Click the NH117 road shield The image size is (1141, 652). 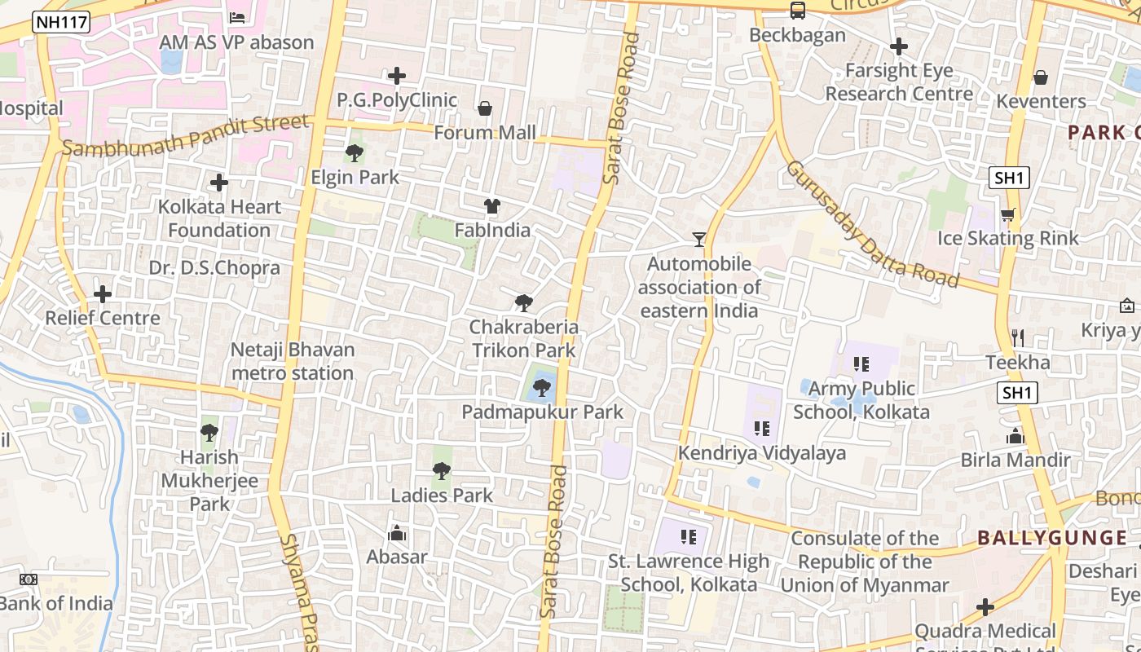click(x=61, y=22)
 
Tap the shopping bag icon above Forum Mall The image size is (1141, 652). click(x=485, y=108)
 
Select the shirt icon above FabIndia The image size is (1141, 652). click(x=491, y=206)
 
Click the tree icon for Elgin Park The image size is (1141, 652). click(x=355, y=152)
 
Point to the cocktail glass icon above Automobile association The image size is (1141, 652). click(x=698, y=239)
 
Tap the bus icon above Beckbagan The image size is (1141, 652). click(x=797, y=11)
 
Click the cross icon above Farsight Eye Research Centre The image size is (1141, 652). click(x=899, y=46)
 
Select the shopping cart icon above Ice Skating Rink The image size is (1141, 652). click(x=1007, y=214)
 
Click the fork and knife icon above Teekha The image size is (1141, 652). click(x=1017, y=337)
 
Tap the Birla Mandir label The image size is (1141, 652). click(x=1015, y=460)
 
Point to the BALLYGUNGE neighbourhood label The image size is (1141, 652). click(x=1052, y=538)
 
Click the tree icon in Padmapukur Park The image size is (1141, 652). click(x=541, y=388)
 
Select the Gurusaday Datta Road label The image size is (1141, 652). click(x=871, y=224)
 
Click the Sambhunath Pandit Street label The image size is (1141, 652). click(x=186, y=136)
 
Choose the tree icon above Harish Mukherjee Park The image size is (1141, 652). click(x=209, y=432)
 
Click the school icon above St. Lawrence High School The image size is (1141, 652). click(x=689, y=536)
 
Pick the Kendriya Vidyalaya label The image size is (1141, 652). click(x=762, y=453)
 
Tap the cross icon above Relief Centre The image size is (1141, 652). click(x=103, y=293)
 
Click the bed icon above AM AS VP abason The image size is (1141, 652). click(x=237, y=17)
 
